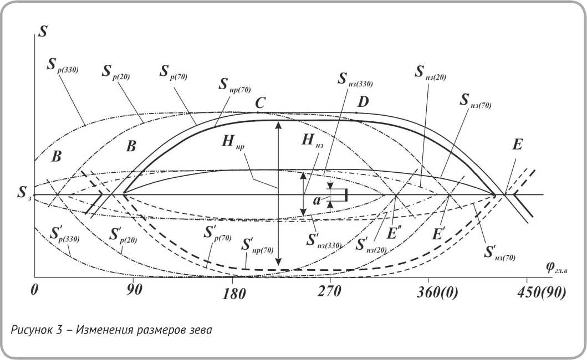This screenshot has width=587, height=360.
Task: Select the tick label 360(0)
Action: [437, 294]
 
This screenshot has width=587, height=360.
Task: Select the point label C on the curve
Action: [260, 102]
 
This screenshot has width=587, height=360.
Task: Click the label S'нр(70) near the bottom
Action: [258, 245]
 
